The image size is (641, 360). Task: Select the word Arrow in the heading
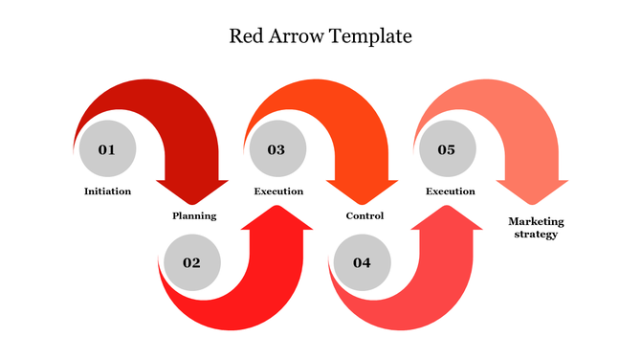(x=298, y=37)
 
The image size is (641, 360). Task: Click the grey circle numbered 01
(x=107, y=149)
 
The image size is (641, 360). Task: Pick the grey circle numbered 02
(x=191, y=262)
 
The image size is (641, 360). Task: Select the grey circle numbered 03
(x=276, y=149)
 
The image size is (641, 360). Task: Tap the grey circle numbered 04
(x=362, y=262)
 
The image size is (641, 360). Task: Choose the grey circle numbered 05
(x=447, y=149)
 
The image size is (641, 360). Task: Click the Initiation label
(x=107, y=191)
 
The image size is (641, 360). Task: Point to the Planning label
(x=194, y=215)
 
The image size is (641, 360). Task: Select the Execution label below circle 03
(x=278, y=191)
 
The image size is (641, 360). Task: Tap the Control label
(x=365, y=215)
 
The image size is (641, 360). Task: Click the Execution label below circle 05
(x=450, y=191)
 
